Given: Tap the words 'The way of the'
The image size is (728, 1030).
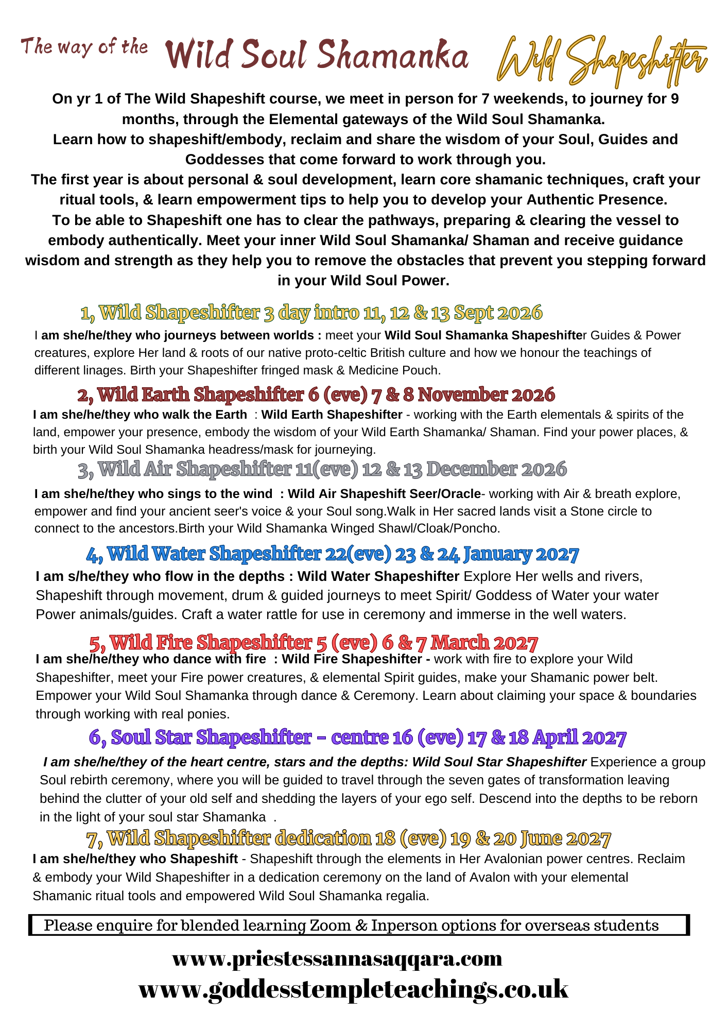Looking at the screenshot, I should tap(84, 47).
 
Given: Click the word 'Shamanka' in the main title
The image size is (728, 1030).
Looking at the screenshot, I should tap(393, 56).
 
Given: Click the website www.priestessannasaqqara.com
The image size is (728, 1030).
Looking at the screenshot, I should tap(337, 959).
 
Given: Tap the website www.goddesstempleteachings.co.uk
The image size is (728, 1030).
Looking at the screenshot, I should tap(353, 990).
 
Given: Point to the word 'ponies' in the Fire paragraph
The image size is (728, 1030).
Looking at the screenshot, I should tap(209, 714).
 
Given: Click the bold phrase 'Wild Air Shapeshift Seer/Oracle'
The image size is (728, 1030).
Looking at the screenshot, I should tap(384, 494).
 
